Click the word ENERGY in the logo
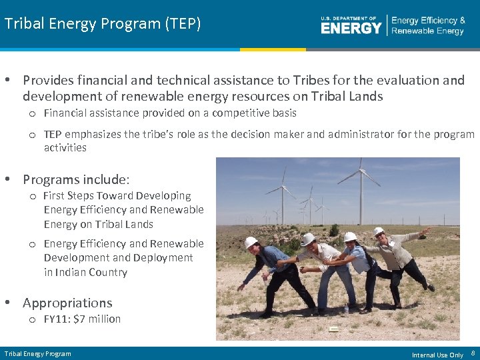351,27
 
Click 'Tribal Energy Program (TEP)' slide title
103,24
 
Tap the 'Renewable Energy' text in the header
427,31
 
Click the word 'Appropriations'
67,303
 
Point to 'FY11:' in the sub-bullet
57,319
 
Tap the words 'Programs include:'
76,179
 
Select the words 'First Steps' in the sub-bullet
69,195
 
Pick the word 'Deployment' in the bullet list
161,257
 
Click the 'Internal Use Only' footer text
437,355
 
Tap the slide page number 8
473,353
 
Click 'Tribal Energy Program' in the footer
37,353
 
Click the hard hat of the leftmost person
251,242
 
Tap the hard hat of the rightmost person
378,231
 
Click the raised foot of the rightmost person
431,287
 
